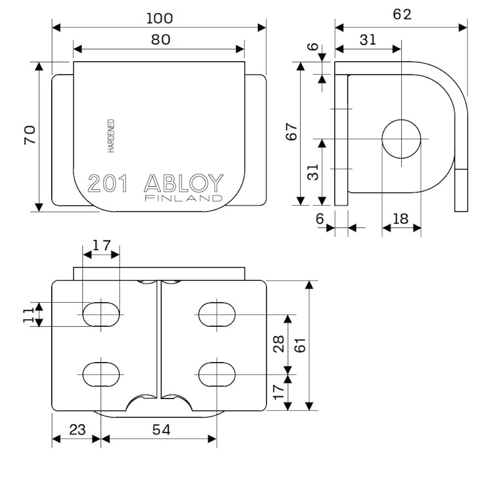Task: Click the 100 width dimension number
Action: pyautogui.click(x=159, y=18)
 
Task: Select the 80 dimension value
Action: pyautogui.click(x=161, y=40)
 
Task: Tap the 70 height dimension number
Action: pyautogui.click(x=30, y=135)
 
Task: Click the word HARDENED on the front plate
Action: pyautogui.click(x=111, y=136)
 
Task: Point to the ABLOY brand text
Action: pyautogui.click(x=184, y=183)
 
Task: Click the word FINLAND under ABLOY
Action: pyautogui.click(x=184, y=198)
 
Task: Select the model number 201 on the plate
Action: pyautogui.click(x=107, y=183)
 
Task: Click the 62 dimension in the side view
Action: pyautogui.click(x=402, y=14)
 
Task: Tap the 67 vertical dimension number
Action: pyautogui.click(x=292, y=132)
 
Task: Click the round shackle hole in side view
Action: pyautogui.click(x=401, y=139)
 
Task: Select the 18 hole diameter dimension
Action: pyautogui.click(x=400, y=219)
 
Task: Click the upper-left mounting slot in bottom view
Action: pyautogui.click(x=101, y=314)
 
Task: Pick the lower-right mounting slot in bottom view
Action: pyautogui.click(x=217, y=374)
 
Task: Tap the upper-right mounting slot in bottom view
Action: pyautogui.click(x=217, y=314)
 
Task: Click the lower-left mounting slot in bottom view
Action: pyautogui.click(x=101, y=374)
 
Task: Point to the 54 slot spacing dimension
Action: pyautogui.click(x=161, y=430)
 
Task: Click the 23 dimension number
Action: pyautogui.click(x=77, y=430)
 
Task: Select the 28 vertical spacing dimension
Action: pyautogui.click(x=279, y=344)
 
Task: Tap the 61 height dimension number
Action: pyautogui.click(x=300, y=345)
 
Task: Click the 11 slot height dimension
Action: pyautogui.click(x=28, y=315)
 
